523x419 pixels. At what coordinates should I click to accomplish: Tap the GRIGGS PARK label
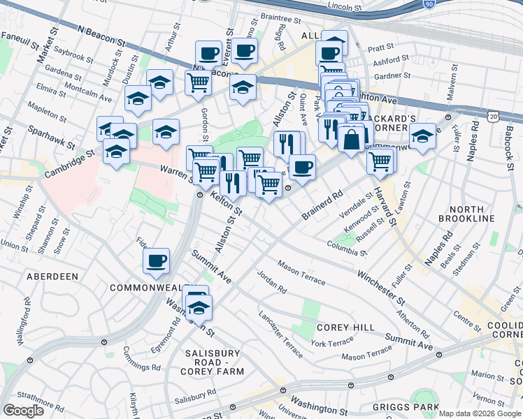coord(406,407)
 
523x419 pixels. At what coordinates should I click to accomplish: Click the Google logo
coord(23,411)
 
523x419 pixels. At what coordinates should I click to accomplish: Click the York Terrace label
coord(332,343)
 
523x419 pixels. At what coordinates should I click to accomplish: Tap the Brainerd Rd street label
coord(322,203)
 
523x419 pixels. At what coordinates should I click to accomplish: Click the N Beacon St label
coord(101,38)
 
